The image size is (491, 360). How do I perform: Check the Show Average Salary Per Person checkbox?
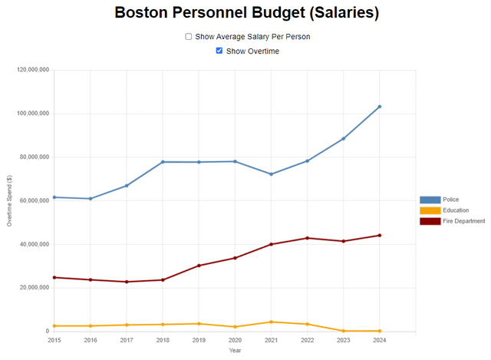click(189, 36)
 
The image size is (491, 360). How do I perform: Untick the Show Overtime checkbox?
click(219, 51)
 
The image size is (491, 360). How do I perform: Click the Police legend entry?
click(430, 200)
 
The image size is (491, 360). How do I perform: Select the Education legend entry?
click(430, 210)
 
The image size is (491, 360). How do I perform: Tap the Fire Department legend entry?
click(430, 221)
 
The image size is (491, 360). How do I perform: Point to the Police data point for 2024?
click(380, 107)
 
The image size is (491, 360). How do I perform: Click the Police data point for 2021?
click(271, 174)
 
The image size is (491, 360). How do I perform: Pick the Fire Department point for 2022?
click(308, 238)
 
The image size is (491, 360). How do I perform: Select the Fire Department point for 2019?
click(199, 266)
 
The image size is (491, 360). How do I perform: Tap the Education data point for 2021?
click(271, 322)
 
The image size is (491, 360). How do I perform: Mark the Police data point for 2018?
click(163, 162)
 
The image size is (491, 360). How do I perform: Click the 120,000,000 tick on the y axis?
click(33, 70)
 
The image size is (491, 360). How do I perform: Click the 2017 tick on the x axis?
click(127, 339)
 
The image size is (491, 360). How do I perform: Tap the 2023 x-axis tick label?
click(344, 339)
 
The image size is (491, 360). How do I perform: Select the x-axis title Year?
click(235, 351)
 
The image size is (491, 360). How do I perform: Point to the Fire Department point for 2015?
click(54, 277)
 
